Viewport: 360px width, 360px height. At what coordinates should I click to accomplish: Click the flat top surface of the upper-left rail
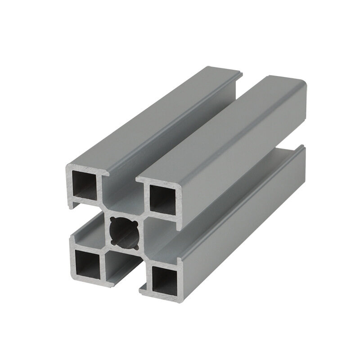[x=148, y=117]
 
